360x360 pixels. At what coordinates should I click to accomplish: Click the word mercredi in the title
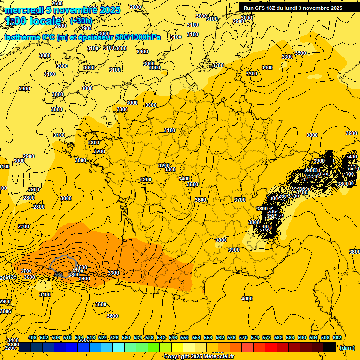[22, 10]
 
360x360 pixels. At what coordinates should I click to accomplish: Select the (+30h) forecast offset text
[81, 21]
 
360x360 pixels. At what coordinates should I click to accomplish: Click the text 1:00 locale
[33, 21]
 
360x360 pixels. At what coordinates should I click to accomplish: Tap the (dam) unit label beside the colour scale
[347, 347]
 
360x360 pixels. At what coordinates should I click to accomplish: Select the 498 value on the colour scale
[32, 337]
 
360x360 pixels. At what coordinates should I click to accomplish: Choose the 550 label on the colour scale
[185, 337]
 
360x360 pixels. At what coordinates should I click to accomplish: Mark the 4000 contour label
[247, 299]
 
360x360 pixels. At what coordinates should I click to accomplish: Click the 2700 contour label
[23, 226]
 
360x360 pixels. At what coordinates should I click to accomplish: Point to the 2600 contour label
[57, 3]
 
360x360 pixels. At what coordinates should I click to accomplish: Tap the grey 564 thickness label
[59, 274]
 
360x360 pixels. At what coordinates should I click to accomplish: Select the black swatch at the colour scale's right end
[330, 347]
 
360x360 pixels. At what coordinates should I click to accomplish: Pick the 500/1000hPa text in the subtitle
[140, 37]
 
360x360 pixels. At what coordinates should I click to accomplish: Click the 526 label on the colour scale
[114, 337]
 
